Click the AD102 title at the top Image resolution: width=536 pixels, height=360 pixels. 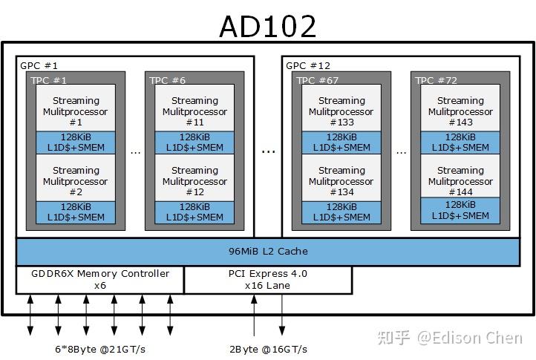tap(267, 26)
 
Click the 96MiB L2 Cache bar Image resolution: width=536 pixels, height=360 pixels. tap(267, 252)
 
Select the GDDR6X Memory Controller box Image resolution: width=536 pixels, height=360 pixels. tap(100, 279)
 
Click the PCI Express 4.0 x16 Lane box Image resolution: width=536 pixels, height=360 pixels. tap(267, 279)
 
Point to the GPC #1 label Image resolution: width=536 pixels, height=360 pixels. tap(39, 65)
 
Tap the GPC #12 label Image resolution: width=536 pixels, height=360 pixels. tap(307, 65)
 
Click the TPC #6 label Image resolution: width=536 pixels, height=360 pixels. tap(167, 80)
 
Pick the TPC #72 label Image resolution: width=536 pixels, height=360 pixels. tap(435, 80)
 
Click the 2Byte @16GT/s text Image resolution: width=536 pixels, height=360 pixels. tap(268, 349)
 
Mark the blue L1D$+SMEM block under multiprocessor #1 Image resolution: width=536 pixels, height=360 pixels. tap(75, 143)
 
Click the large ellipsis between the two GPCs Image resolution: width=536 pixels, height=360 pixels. tap(268, 151)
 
